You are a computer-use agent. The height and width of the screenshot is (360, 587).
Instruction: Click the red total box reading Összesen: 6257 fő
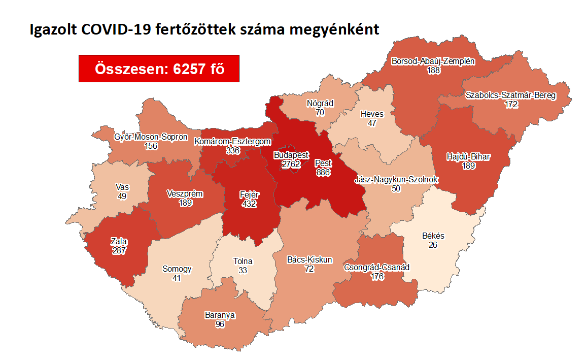159,69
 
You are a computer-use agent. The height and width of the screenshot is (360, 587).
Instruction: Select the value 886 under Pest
323,173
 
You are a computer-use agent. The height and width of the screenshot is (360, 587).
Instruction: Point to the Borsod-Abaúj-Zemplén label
433,61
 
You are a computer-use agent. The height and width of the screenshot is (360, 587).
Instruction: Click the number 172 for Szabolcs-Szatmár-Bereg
511,104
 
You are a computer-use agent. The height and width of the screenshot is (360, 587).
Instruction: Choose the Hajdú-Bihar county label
468,156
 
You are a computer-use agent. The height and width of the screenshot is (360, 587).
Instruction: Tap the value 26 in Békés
433,245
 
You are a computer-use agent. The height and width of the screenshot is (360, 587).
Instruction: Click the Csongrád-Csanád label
376,267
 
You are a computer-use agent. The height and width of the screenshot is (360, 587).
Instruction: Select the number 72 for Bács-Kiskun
309,269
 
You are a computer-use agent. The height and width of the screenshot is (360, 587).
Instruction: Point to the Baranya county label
220,315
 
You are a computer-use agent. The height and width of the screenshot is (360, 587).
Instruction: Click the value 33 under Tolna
243,271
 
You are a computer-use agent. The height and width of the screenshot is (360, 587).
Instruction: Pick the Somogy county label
177,269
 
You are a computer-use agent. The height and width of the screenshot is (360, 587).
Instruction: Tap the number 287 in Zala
119,250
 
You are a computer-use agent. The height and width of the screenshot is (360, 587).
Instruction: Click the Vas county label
122,186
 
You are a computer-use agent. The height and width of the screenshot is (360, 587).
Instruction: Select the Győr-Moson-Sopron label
151,137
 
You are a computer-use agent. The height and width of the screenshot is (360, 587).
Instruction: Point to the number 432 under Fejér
249,204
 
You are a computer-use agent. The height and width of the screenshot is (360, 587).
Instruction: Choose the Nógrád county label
320,103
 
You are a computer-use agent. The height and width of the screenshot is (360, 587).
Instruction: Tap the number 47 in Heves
372,123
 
